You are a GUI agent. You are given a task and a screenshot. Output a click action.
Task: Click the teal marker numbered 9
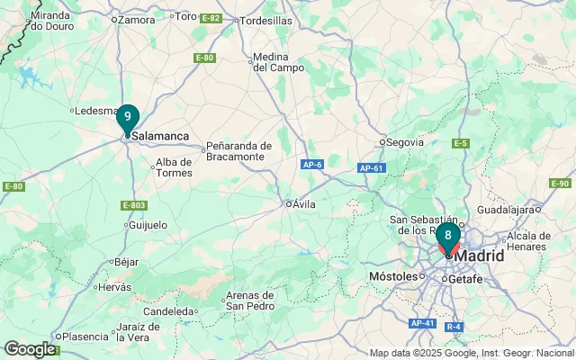(x=128, y=117)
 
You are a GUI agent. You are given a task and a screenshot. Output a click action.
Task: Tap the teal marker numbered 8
(x=448, y=236)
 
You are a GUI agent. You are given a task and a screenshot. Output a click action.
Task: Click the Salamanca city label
(x=160, y=136)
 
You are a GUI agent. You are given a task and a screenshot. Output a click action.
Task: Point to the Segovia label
(x=404, y=141)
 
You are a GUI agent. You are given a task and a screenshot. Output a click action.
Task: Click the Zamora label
(x=136, y=19)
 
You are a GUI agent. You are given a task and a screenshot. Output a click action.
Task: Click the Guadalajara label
(x=507, y=209)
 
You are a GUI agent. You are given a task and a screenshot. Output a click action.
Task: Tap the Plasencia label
(x=85, y=337)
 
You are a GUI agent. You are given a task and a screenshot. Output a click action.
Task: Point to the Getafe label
(x=465, y=279)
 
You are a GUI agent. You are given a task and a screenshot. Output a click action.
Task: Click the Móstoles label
(x=393, y=275)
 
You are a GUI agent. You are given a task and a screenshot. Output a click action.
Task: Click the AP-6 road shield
(x=312, y=164)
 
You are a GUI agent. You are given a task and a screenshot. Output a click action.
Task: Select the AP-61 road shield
(x=371, y=168)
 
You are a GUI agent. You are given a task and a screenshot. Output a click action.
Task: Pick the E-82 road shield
(x=211, y=18)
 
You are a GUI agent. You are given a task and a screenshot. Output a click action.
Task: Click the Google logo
(x=30, y=349)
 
